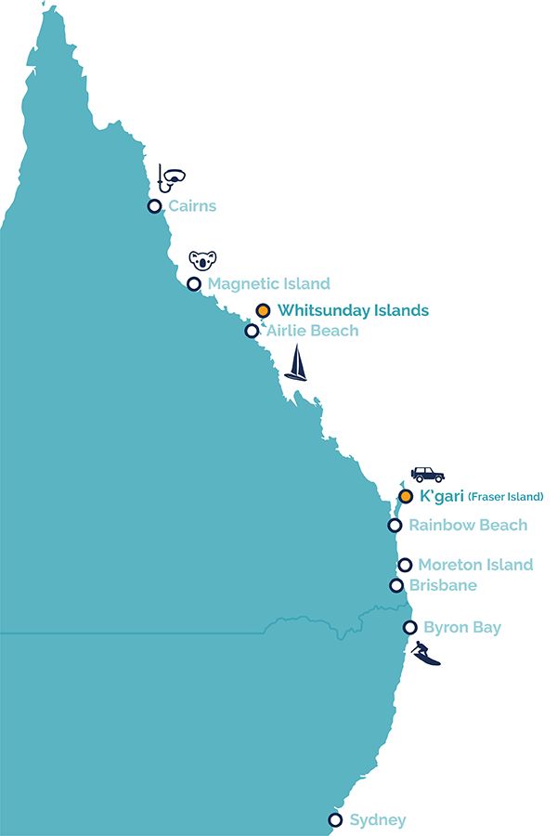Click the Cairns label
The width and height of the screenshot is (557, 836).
coord(192,206)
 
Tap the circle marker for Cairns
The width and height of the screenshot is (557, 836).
coord(154,206)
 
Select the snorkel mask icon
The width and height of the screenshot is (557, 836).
coord(171,176)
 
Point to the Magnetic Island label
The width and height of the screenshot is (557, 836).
coord(269,284)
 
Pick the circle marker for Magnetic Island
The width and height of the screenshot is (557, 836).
coord(194,284)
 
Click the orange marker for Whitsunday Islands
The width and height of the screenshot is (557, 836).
coord(263,311)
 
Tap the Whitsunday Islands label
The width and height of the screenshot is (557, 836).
coord(353,311)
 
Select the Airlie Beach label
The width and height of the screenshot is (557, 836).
coord(312,331)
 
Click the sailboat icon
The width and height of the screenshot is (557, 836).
coord(295,363)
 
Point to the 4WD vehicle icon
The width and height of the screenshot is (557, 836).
coord(428,474)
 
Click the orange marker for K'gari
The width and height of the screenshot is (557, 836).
coord(406,496)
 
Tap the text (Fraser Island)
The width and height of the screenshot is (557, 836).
coord(506,497)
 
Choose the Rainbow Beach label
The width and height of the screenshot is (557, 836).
coord(468,525)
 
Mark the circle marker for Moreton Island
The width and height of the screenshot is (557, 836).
coord(405,565)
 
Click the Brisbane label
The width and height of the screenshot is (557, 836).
coord(443,585)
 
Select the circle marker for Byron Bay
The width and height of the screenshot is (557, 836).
coord(409,628)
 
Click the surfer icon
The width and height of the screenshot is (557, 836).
coord(426,654)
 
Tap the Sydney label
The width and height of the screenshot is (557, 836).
coord(378,820)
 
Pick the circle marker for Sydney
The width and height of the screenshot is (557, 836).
coord(335,819)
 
